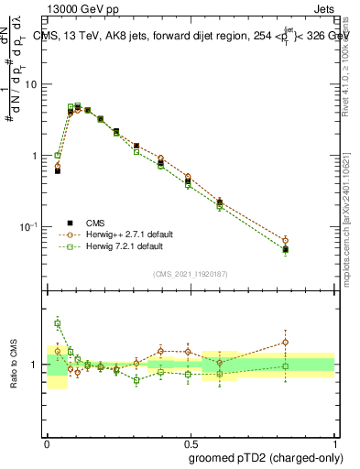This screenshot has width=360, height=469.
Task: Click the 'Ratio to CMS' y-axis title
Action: pos(13,365)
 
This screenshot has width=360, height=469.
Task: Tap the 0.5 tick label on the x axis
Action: pos(191,440)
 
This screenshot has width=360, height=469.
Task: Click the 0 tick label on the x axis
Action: pos(47,440)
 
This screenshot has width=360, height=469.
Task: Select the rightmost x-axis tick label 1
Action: pos(334,440)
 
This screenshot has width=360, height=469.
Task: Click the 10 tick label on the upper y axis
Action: pos(33,84)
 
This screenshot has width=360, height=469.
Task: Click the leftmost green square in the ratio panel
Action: pos(58,322)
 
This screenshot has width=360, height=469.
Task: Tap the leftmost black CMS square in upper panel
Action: pos(58,170)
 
